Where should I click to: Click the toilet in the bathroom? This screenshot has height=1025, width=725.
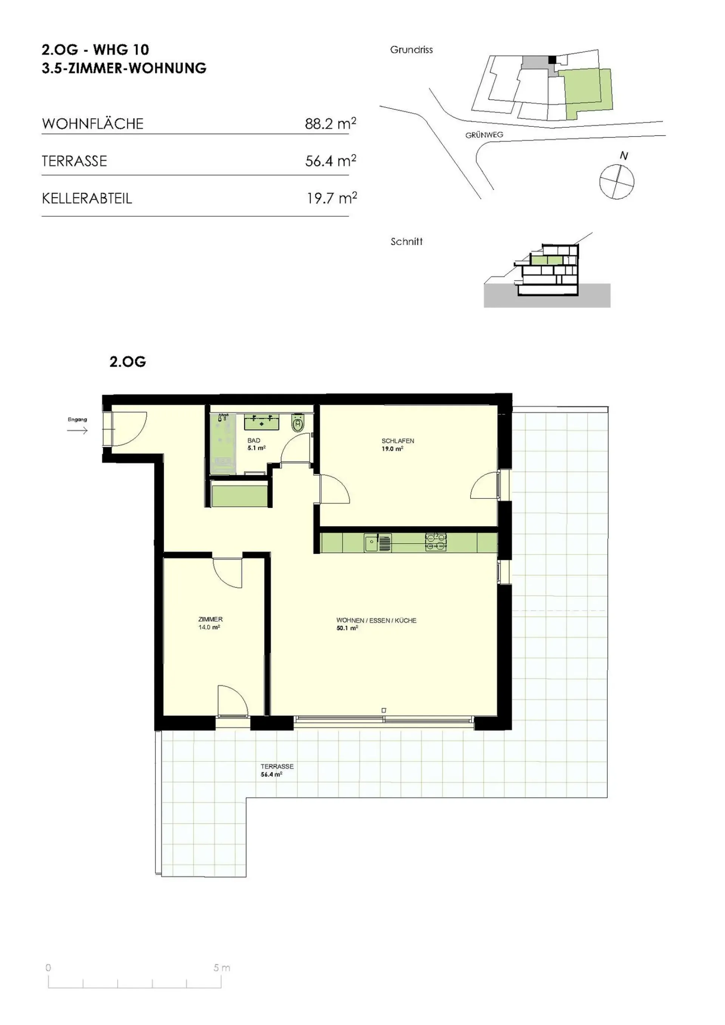click(298, 422)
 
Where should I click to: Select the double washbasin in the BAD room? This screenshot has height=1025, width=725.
click(262, 421)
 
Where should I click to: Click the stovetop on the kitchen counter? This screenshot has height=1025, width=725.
click(436, 543)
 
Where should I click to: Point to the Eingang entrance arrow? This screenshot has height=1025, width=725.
click(77, 430)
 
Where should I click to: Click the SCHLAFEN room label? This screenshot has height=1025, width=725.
click(398, 441)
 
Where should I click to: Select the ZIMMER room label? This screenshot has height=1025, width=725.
click(210, 619)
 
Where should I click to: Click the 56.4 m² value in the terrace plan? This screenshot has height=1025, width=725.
click(271, 775)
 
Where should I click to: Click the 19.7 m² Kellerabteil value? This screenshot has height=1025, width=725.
click(332, 198)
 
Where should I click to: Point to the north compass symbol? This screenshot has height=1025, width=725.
click(617, 180)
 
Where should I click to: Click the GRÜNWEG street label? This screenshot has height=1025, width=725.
click(484, 135)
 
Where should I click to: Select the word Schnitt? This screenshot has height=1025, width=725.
click(406, 242)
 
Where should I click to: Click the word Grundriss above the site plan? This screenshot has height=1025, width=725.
click(411, 49)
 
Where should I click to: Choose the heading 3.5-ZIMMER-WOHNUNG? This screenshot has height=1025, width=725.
click(124, 68)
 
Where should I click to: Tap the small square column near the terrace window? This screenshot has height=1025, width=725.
click(384, 710)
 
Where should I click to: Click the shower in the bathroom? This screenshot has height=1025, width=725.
click(223, 443)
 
